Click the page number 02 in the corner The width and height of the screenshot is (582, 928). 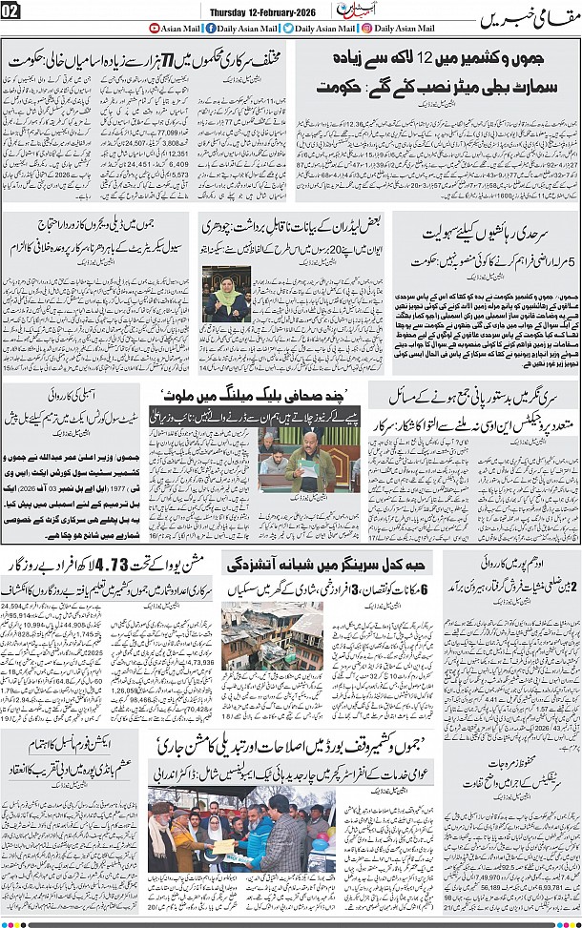[12, 12]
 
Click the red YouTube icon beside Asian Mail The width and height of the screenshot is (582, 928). [156, 29]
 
